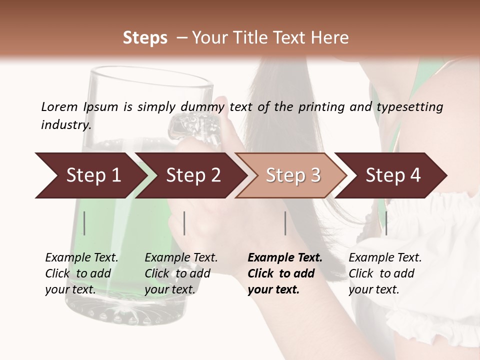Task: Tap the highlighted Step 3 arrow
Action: coord(293,175)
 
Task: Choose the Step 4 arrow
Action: coord(393,175)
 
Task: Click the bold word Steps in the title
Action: coord(145,38)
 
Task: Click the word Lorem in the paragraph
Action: coord(59,107)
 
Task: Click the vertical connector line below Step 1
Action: coord(84,223)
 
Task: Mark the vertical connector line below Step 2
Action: coord(184,223)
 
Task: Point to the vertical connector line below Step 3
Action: coord(285,223)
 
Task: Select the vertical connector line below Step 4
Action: coord(386,223)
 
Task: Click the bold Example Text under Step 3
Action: coord(285,258)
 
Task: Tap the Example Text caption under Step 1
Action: coord(82,258)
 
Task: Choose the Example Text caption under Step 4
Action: coord(385,258)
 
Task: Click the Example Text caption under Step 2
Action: coord(181,258)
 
